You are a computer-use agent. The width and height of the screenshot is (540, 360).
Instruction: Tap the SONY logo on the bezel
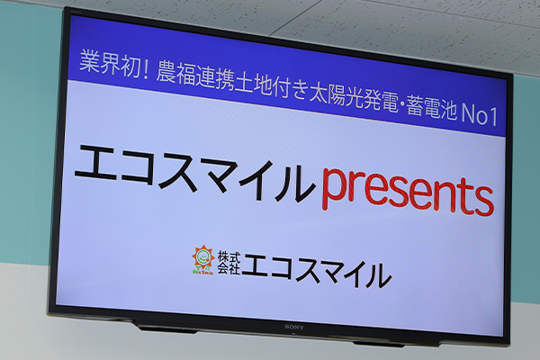point(294,327)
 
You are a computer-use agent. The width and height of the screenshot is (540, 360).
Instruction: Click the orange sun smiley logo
point(203,257)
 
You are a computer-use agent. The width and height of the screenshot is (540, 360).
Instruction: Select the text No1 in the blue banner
point(480,114)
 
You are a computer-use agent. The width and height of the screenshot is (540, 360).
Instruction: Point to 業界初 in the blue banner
point(107,63)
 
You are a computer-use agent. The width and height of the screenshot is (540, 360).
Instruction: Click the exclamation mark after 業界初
point(145,69)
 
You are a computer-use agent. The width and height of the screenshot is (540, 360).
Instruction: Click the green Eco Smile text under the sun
point(203,272)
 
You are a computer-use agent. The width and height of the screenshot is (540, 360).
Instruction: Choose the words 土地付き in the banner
point(271,86)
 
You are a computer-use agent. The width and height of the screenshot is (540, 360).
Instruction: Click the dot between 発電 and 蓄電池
point(402,103)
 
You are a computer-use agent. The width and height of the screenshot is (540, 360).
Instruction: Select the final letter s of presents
point(482,202)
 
